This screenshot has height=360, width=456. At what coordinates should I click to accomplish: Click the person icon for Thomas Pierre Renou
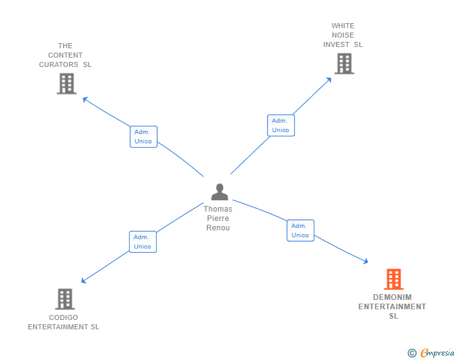tap(219, 192)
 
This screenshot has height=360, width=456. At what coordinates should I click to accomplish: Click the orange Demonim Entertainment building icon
tap(393, 279)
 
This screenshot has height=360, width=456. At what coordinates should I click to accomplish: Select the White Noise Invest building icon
tap(344, 63)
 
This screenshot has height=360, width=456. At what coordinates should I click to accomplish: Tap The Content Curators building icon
tap(66, 83)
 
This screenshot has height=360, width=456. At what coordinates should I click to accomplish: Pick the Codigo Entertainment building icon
tap(65, 299)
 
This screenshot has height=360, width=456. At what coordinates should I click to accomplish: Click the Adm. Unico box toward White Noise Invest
tap(281, 125)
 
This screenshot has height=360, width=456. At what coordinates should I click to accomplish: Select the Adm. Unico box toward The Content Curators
tap(143, 136)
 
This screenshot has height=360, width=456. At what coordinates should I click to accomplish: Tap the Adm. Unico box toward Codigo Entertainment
tap(143, 242)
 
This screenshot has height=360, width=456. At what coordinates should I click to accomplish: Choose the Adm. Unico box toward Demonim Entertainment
tap(300, 230)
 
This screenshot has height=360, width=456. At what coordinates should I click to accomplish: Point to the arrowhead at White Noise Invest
tap(329, 80)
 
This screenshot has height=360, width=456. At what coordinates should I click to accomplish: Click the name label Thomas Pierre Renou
tap(218, 219)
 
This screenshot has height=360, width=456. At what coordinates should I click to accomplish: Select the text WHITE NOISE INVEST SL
tap(343, 36)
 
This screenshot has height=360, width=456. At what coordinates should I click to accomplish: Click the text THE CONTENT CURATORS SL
tap(65, 55)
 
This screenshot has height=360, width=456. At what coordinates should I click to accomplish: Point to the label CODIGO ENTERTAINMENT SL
tap(64, 322)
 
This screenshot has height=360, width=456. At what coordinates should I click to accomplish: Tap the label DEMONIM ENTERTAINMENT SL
tap(392, 307)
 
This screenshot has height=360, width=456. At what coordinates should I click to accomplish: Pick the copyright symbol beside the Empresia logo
tap(412, 353)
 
